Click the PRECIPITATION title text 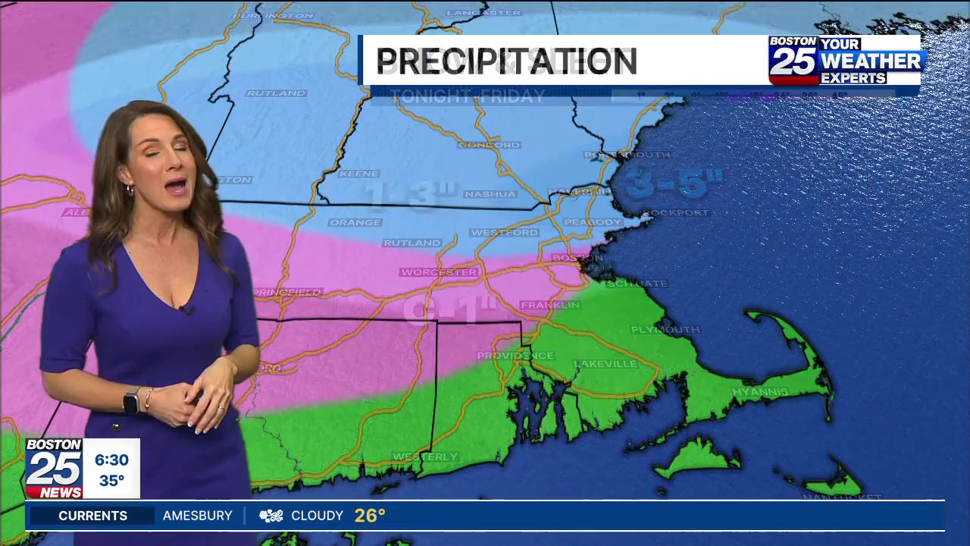pyautogui.click(x=506, y=61)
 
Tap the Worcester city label pyautogui.click(x=440, y=271)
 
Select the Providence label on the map pyautogui.click(x=515, y=356)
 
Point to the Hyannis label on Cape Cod pyautogui.click(x=760, y=392)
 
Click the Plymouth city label pyautogui.click(x=665, y=330)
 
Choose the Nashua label pyautogui.click(x=490, y=194)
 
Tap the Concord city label pyautogui.click(x=490, y=144)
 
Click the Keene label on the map pyautogui.click(x=358, y=174)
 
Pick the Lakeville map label pyautogui.click(x=605, y=364)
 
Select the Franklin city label pyautogui.click(x=550, y=305)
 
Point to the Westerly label pyautogui.click(x=425, y=457)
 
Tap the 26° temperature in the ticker pyautogui.click(x=370, y=516)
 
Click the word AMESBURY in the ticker pyautogui.click(x=198, y=516)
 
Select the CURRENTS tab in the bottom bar pyautogui.click(x=93, y=516)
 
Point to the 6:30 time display pyautogui.click(x=111, y=460)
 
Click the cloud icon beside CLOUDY pyautogui.click(x=271, y=516)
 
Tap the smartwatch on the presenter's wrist pyautogui.click(x=131, y=400)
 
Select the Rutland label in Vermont pyautogui.click(x=276, y=93)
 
